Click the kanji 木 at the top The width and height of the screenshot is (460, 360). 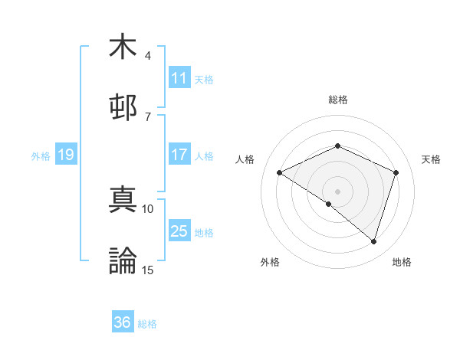pos(123,47)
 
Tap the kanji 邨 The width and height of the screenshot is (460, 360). pos(123,107)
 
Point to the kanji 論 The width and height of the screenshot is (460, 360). pos(123,260)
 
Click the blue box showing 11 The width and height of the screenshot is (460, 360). pos(179,78)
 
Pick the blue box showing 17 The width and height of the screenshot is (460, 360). pos(179,155)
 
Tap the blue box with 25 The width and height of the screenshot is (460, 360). pos(179,231)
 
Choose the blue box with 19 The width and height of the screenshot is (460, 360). pos(65,155)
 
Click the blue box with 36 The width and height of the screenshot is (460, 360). pos(123,322)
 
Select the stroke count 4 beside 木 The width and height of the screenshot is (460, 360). pos(148,56)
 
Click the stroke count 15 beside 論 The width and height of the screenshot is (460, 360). pos(148,270)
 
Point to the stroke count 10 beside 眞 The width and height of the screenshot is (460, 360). pos(148,208)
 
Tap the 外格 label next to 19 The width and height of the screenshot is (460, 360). pos(41,155)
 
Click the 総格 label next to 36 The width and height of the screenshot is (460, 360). pos(147,324)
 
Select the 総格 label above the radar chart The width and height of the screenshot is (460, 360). pos(338,100)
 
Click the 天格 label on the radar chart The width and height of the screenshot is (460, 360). pos(431,159)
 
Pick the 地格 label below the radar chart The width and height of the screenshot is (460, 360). pos(402,262)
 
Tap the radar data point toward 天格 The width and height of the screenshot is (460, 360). pos(396,172)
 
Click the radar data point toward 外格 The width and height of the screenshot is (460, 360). pos(329,204)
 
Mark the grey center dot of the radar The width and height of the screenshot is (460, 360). pos(338,191)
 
